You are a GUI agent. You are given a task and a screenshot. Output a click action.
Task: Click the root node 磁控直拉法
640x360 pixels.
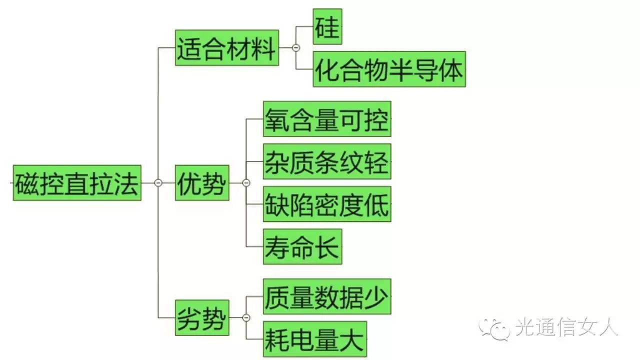coord(77,183)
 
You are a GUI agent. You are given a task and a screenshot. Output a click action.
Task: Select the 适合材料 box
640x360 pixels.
coord(226,47)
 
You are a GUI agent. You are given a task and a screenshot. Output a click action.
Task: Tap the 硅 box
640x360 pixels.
coord(327,26)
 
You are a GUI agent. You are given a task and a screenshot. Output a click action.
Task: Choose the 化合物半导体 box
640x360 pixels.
coord(389,69)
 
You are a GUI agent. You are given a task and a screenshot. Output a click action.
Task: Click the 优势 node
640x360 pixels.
coord(202,183)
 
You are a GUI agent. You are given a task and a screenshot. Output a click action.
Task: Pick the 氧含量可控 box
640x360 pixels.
coord(327,119)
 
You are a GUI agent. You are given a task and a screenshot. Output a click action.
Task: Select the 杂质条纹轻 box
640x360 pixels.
coord(327,161)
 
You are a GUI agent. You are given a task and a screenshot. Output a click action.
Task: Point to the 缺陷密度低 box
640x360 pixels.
coord(327,204)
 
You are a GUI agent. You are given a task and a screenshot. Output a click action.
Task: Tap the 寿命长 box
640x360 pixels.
coord(302,246)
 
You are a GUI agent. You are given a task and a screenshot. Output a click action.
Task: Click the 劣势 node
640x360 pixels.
coord(202,317)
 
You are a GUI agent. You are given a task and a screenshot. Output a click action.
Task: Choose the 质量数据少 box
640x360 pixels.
coord(327,296)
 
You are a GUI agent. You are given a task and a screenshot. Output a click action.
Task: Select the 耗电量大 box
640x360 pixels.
coord(315,339)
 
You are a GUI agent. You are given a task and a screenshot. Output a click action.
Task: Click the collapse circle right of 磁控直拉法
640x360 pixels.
coord(158,183)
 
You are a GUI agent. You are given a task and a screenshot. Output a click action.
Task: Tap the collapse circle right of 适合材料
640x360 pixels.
coord(296,48)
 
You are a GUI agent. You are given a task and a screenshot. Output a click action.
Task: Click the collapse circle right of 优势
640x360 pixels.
coord(246,183)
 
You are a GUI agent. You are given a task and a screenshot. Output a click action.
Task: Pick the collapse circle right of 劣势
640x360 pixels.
coord(246,317)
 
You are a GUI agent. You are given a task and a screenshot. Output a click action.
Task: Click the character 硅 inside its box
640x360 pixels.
coord(327,26)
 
